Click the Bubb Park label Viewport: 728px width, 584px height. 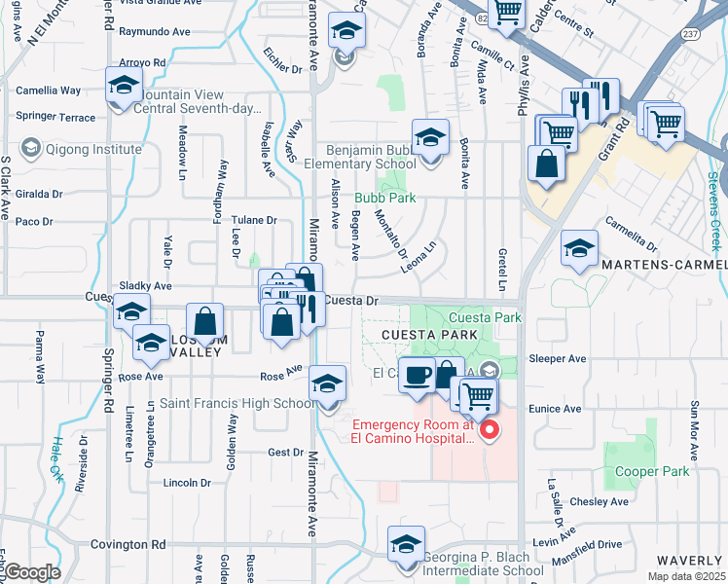click(384, 198)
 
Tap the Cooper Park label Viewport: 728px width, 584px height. click(652, 471)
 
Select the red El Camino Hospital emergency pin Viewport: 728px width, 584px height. click(491, 429)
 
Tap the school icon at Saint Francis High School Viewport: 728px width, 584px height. click(328, 385)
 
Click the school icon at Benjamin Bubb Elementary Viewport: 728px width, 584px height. click(429, 140)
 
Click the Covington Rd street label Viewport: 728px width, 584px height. click(122, 545)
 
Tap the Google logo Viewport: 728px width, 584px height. click(32, 572)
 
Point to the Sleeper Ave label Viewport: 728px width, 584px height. click(557, 358)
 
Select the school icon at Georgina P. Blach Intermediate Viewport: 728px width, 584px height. click(406, 545)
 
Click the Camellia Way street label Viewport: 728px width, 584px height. click(49, 91)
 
